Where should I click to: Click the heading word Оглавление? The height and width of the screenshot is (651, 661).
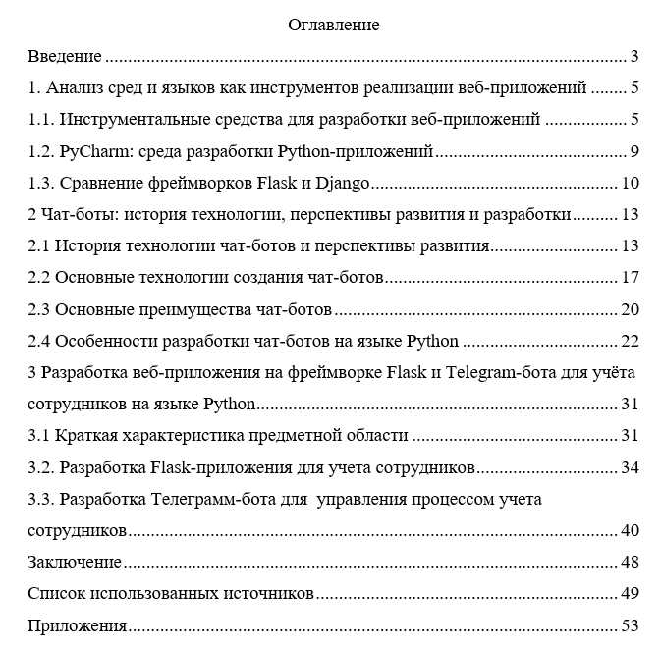coord(334,25)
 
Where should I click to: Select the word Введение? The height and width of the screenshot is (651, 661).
coord(66,56)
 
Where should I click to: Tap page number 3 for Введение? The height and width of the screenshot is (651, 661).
coord(635,56)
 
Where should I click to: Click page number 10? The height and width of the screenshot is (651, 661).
coord(631,184)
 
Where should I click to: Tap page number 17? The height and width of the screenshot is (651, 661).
coord(631,278)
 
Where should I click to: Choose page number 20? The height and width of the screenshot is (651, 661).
coord(631,310)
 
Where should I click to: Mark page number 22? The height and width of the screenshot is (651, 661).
coord(631,342)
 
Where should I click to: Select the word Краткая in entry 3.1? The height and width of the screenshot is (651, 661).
coord(85,436)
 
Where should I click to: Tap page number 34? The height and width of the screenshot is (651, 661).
coord(631,467)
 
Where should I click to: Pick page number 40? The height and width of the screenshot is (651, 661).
coord(631,531)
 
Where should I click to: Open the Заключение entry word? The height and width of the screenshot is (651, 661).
coord(75,563)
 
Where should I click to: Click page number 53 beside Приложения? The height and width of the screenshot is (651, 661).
coord(631,625)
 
